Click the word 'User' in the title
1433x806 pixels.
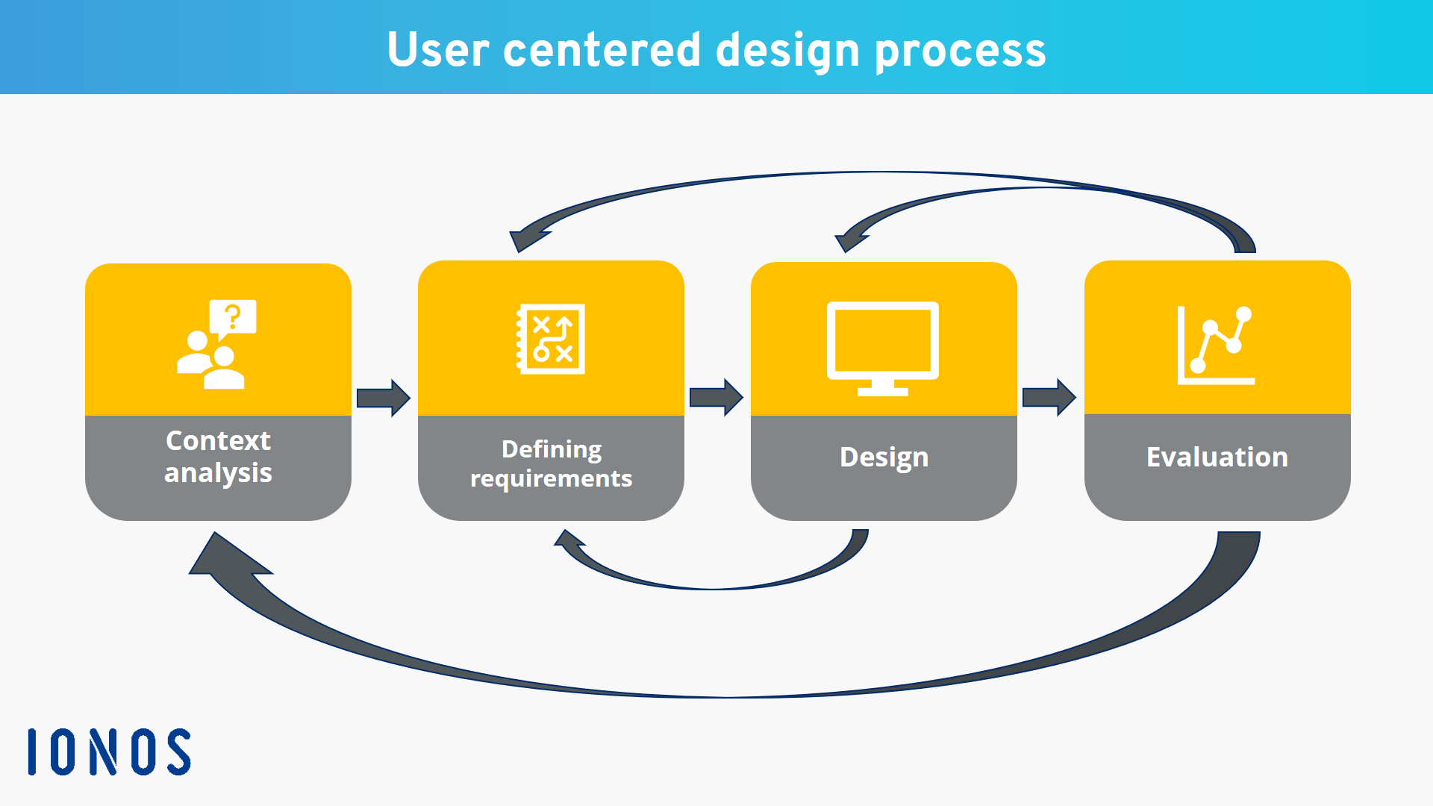point(438,50)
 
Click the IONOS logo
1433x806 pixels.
point(109,752)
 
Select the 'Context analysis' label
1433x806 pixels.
point(218,456)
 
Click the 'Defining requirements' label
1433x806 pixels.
point(551,463)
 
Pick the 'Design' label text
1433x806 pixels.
point(884,457)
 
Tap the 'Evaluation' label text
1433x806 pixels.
point(1217,457)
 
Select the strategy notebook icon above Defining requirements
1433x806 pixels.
point(551,339)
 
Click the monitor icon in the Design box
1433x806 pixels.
point(882,340)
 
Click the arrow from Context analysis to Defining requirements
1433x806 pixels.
point(383,398)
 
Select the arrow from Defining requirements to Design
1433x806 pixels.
point(716,397)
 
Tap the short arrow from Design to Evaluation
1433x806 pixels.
point(1049,397)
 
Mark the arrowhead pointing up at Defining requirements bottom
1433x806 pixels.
point(571,542)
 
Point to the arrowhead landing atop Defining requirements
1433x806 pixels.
point(526,240)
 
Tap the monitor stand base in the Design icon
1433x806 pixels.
point(882,390)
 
